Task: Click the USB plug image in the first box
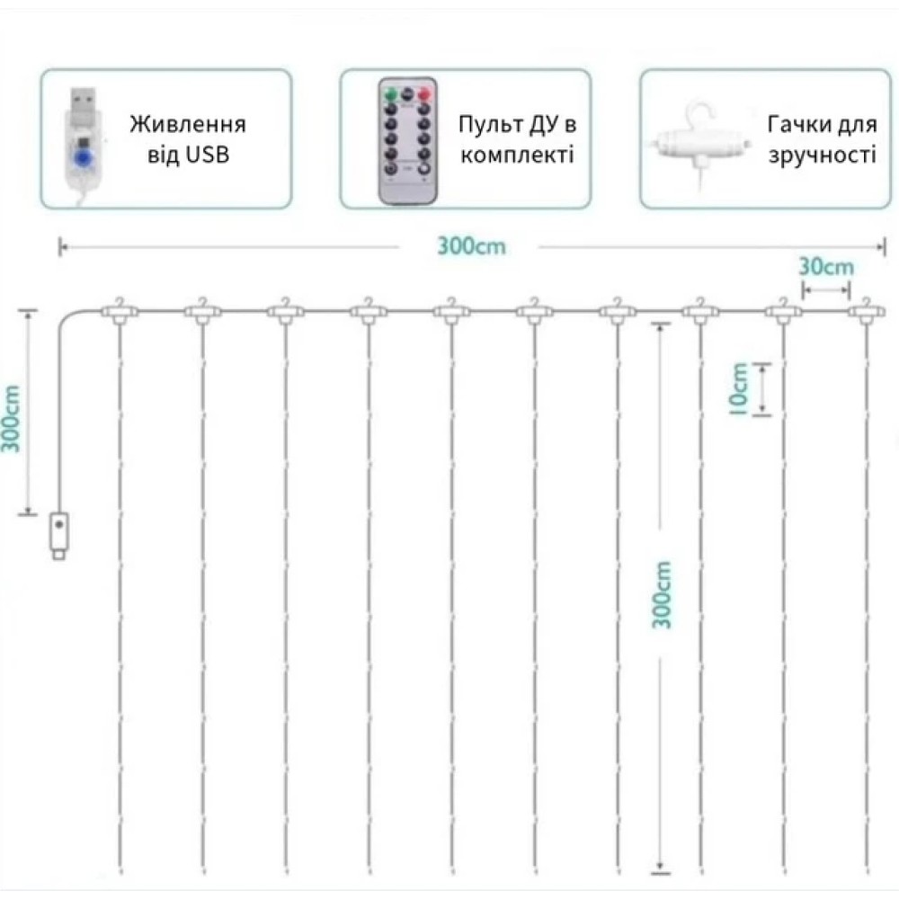click(x=84, y=139)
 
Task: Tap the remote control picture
click(x=410, y=141)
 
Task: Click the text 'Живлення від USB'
click(x=187, y=139)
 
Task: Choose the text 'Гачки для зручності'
click(x=821, y=139)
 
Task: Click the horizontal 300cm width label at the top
click(x=471, y=245)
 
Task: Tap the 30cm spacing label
click(x=826, y=267)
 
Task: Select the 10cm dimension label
click(x=739, y=388)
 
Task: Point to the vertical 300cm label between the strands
click(x=663, y=594)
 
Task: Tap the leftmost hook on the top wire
click(x=119, y=310)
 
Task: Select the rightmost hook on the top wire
click(x=867, y=310)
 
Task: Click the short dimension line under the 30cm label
click(x=826, y=289)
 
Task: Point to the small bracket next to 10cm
click(x=762, y=388)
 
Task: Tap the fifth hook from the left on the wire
click(x=450, y=310)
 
